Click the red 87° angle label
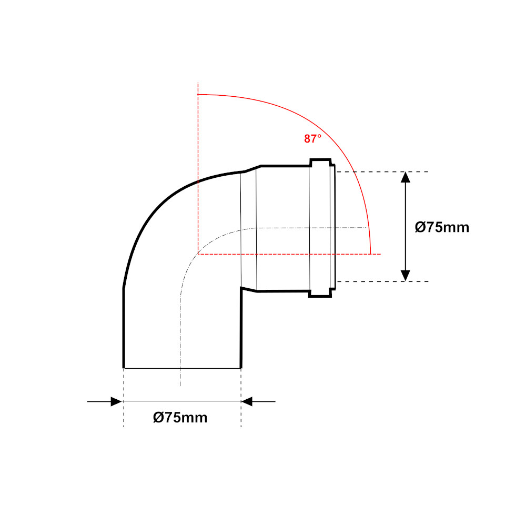312,138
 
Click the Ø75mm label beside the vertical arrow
442,227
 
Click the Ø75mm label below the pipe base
180,418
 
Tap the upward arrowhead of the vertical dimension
406,177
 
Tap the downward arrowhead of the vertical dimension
406,276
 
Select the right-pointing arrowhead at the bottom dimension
116,401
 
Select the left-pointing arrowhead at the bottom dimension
247,401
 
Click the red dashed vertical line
198,168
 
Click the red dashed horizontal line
289,254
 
